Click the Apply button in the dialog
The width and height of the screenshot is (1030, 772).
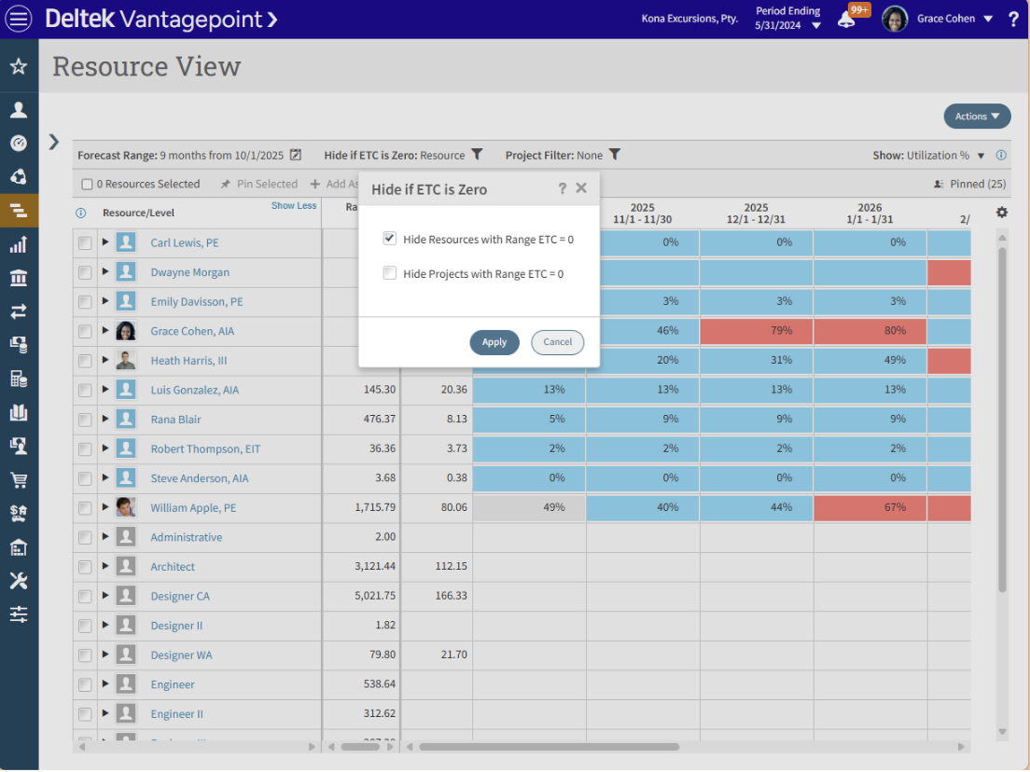pos(494,342)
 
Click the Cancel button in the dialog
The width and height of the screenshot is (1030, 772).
pos(557,342)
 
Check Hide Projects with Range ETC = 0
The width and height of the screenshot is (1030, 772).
pos(390,273)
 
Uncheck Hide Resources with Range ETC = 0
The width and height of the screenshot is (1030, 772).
pos(390,240)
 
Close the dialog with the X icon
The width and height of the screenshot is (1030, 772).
pos(581,188)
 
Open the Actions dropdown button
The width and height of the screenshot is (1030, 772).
pos(977,117)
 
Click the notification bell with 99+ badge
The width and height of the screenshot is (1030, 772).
pos(846,19)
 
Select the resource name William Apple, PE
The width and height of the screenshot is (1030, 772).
pos(193,508)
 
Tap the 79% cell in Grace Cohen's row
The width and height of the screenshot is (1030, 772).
pos(756,331)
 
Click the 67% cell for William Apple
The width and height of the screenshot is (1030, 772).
pos(870,508)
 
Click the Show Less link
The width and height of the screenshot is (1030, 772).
pos(294,206)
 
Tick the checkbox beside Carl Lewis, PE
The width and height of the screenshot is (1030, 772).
pos(85,243)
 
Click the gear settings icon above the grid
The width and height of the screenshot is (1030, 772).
pos(1002,213)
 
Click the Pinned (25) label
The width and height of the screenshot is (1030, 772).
pos(977,185)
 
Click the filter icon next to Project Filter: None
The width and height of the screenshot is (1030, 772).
pos(615,155)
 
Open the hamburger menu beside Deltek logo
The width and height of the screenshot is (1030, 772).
pos(19,19)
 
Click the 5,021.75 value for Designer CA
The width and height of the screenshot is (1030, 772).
pos(369,597)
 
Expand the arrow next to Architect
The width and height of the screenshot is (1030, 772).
pos(105,567)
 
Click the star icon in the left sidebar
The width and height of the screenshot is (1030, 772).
pos(19,67)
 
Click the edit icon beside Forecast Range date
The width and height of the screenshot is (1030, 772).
pos(296,155)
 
